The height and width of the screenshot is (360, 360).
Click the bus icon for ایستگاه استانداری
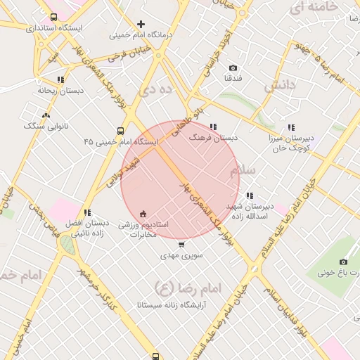point(54,17)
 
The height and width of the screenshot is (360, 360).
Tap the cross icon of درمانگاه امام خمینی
point(141,24)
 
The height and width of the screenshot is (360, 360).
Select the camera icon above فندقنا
point(233,68)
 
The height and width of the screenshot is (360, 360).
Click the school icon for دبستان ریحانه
point(60,79)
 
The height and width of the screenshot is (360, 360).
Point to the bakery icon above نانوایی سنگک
point(46,115)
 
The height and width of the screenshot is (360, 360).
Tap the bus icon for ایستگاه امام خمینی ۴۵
point(120,130)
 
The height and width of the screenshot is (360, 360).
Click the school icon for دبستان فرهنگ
point(213,127)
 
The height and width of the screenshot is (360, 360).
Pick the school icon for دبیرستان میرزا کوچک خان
point(291,127)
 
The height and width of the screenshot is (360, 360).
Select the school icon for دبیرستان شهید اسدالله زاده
point(249,195)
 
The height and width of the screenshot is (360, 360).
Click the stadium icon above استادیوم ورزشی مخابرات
point(143,213)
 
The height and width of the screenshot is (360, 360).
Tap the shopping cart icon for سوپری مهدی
point(181,245)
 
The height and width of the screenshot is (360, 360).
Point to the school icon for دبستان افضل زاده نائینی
point(87,212)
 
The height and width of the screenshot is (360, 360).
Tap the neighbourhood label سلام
point(244,172)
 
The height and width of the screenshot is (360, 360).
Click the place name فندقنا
point(233,78)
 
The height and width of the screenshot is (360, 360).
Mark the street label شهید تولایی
point(124,172)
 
